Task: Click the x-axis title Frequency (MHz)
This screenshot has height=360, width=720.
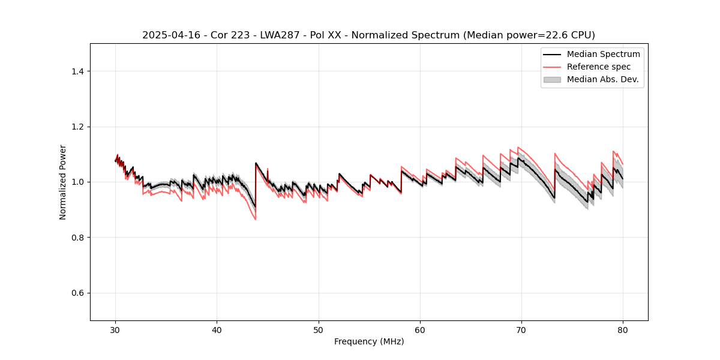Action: click(369, 341)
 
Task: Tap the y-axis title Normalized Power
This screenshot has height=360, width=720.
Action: click(63, 182)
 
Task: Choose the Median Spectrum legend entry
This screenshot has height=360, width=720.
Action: click(603, 54)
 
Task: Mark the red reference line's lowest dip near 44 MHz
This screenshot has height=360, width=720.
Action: click(255, 219)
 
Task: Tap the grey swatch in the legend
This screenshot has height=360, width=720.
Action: click(552, 79)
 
